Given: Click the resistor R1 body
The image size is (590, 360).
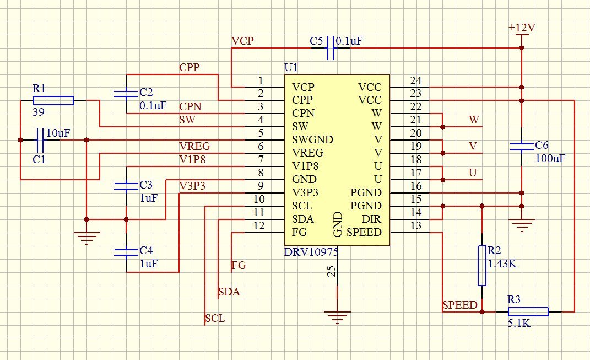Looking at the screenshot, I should click(53, 100).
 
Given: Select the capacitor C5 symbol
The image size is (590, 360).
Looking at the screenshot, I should click(331, 47).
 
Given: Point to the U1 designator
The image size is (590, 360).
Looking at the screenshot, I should click(291, 68).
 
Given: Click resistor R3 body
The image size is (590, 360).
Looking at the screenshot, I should click(527, 312).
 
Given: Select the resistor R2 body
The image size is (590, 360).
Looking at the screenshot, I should click(482, 266).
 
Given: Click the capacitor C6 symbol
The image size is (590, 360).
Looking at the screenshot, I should click(521, 146).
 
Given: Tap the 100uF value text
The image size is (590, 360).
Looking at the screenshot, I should click(550, 158).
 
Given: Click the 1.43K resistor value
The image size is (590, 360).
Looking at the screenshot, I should click(502, 264).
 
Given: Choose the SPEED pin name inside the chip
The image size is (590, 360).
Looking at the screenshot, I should click(364, 232).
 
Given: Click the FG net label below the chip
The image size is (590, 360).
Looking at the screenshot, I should click(239, 265).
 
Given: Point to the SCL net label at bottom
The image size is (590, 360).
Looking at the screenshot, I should click(214, 318).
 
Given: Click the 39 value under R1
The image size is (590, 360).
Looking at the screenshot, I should click(39, 112).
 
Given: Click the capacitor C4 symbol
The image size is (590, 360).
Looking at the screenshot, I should click(126, 252).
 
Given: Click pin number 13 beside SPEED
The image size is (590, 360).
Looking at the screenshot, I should click(416, 226).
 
